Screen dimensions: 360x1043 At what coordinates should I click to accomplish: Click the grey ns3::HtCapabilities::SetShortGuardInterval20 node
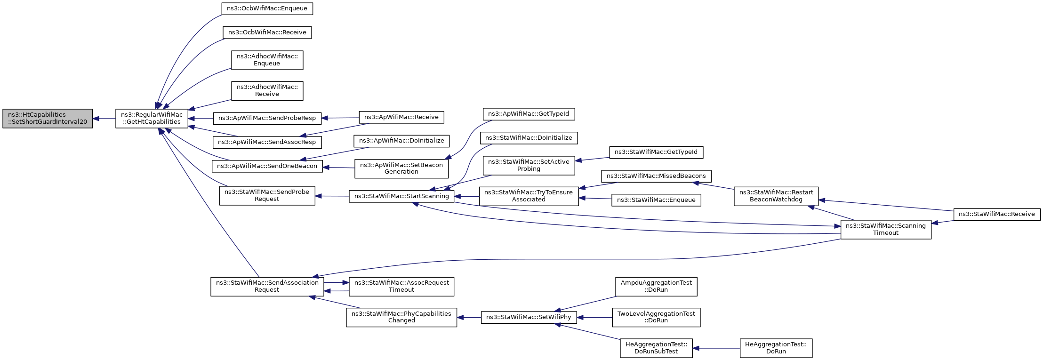[x=48, y=119]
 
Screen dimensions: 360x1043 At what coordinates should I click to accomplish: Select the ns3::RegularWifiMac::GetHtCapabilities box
[x=152, y=119]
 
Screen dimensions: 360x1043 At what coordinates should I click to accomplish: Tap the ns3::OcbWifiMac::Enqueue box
[x=267, y=8]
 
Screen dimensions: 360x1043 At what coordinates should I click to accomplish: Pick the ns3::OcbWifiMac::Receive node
[x=267, y=32]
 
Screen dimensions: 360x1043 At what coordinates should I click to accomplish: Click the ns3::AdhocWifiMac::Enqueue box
[x=267, y=60]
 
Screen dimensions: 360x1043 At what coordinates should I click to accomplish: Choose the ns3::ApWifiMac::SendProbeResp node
[x=267, y=118]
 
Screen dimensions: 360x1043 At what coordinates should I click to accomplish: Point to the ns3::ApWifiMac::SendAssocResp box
[x=267, y=142]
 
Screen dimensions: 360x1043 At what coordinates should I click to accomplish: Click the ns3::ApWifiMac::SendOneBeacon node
[x=267, y=166]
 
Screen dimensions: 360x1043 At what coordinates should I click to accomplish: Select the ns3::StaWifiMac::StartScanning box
[x=401, y=196]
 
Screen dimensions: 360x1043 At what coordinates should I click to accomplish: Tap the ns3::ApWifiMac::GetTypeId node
[x=529, y=114]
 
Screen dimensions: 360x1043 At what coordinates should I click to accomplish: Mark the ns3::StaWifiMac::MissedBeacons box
[x=656, y=176]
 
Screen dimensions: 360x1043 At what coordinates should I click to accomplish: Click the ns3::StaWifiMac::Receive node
[x=996, y=214]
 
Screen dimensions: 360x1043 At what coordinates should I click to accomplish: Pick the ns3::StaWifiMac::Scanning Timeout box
[x=885, y=229]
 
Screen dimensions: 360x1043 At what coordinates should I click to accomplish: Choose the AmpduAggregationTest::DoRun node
[x=656, y=286]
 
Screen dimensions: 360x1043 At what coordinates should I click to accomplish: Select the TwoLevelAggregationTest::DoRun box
[x=656, y=317]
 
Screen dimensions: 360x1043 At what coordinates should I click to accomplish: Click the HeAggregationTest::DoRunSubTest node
[x=656, y=348]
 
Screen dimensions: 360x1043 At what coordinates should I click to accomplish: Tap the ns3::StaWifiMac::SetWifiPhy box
[x=529, y=317]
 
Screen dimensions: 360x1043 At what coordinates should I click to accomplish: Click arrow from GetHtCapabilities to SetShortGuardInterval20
[x=104, y=119]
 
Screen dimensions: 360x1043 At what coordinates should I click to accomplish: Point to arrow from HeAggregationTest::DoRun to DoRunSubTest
[x=716, y=348]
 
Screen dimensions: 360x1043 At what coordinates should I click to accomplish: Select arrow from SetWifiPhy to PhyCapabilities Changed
[x=469, y=318]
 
